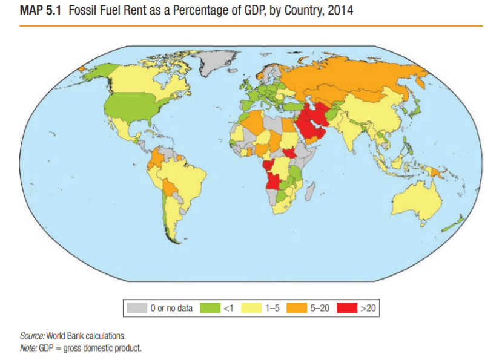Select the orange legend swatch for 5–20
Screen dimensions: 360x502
click(297, 309)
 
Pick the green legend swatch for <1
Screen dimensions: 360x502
click(211, 309)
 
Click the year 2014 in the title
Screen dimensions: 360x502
click(342, 11)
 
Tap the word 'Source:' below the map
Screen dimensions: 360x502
click(32, 335)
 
